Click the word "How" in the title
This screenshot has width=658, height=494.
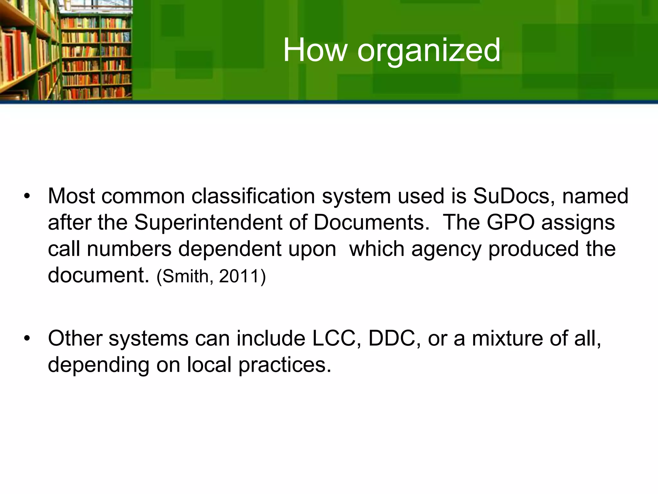pyautogui.click(x=315, y=50)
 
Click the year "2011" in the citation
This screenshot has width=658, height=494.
pyautogui.click(x=239, y=276)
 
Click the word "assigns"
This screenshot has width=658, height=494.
pyautogui.click(x=578, y=223)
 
